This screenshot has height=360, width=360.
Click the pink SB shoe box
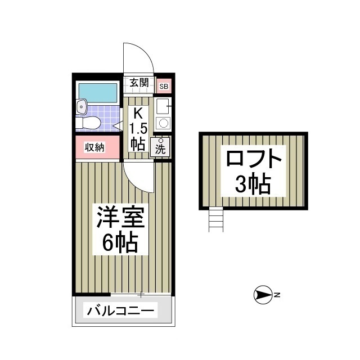coord(163,86)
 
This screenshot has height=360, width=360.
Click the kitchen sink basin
coord(162,105)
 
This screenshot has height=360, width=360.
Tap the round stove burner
coord(163,123)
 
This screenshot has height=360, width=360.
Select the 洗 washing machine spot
coord(161,147)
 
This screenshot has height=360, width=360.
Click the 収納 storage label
coord(94,147)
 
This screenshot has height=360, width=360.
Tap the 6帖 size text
coord(121,242)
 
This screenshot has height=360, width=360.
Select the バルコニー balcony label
coord(121,310)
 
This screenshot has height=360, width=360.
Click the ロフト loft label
coord(253,160)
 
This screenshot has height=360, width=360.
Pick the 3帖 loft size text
coord(253,184)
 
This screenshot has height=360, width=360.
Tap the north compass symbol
coord(263,294)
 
